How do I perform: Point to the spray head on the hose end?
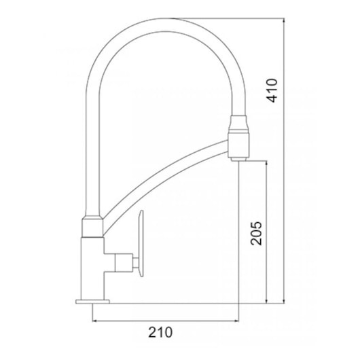point(240,139)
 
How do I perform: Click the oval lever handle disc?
point(141,244)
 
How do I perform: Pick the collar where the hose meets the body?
point(92,226)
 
